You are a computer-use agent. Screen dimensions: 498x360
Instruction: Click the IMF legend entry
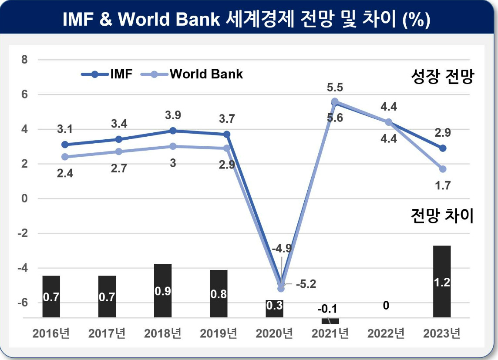(x=107, y=74)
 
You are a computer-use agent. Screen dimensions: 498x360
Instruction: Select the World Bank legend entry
(x=192, y=74)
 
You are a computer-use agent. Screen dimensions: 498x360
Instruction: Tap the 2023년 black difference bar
(x=442, y=281)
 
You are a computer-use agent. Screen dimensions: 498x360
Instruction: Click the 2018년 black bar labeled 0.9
(x=163, y=290)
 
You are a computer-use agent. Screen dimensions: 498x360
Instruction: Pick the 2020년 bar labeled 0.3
(x=274, y=309)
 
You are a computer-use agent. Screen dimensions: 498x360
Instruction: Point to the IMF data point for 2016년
(x=65, y=145)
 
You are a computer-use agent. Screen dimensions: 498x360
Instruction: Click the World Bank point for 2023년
(x=443, y=169)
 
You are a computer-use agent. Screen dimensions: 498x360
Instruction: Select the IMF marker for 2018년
(x=173, y=131)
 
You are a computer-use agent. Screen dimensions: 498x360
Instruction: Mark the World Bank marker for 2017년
(x=119, y=152)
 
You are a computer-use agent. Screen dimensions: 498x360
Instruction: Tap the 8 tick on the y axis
(x=24, y=60)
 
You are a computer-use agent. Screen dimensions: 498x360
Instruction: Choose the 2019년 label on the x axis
(x=219, y=333)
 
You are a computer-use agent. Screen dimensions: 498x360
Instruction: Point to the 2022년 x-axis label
(x=386, y=333)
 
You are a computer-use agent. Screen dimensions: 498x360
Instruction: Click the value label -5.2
(x=306, y=284)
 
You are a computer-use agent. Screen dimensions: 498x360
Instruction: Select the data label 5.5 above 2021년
(x=335, y=87)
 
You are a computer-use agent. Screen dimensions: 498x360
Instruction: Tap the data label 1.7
(x=443, y=185)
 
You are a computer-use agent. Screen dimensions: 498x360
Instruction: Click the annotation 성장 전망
(x=442, y=77)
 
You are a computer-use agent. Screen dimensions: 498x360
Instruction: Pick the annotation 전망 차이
(x=442, y=216)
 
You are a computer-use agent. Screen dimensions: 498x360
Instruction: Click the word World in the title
(x=144, y=19)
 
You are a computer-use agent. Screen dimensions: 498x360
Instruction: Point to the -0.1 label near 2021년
(x=327, y=309)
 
